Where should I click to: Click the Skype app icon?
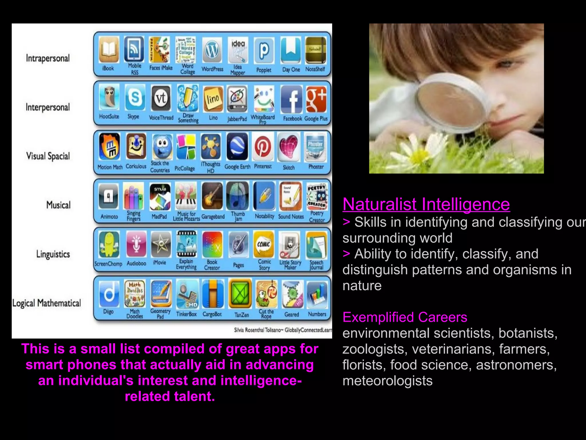point(134,98)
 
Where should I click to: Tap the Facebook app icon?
point(291,99)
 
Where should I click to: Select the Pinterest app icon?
point(263,147)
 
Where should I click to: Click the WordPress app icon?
point(212,50)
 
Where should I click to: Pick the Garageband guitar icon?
point(212,196)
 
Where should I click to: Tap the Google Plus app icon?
point(316,99)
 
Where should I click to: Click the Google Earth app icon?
point(237,147)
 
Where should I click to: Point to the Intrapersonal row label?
point(48,58)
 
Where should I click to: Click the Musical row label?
point(58,205)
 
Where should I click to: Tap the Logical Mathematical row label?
point(47,303)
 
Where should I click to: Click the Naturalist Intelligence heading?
point(426,204)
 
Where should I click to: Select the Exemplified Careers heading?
point(405,317)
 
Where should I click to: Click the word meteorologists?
point(387,381)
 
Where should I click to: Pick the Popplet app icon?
point(264,50)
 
